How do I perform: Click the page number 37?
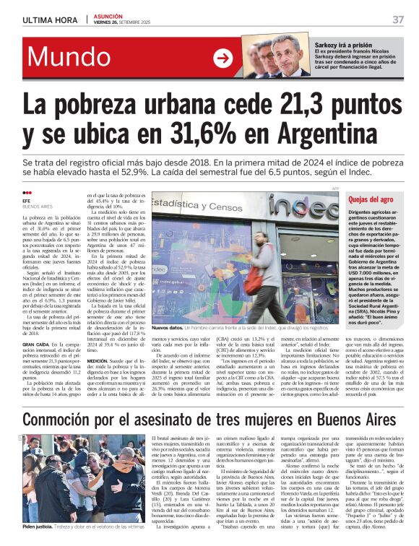tap(398, 19)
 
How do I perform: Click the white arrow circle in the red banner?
tap(223, 58)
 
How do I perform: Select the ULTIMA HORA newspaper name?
tap(49, 19)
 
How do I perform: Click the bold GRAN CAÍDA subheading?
tap(38, 325)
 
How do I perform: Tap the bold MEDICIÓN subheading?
tap(101, 359)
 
